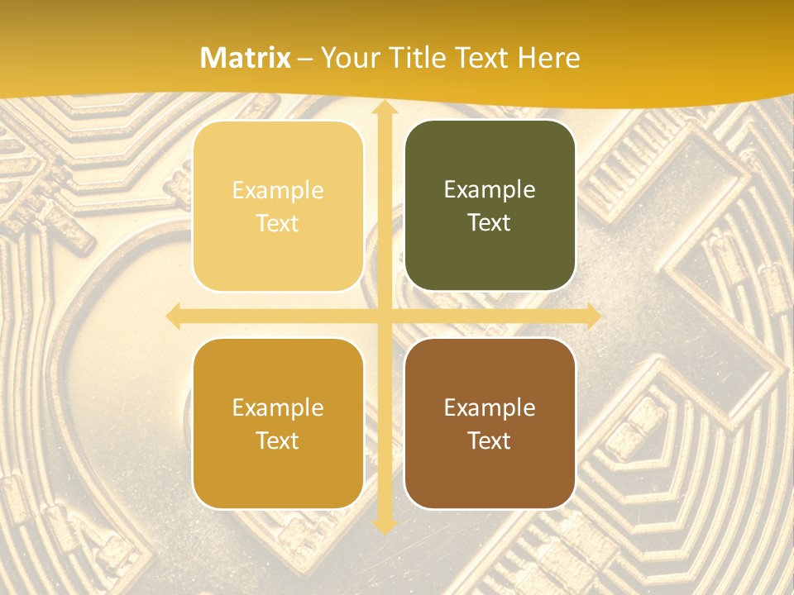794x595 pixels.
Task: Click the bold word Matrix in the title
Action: [x=246, y=58]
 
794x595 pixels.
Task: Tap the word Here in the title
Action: [x=548, y=58]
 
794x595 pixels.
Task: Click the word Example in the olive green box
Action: [x=490, y=190]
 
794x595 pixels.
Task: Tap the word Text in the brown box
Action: [x=490, y=440]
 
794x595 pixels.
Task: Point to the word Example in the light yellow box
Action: [x=278, y=191]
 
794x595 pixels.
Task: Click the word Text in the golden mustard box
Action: [x=278, y=440]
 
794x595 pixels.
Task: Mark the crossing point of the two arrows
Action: [x=384, y=317]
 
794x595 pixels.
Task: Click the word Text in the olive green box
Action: [x=490, y=223]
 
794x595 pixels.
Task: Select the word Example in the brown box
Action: [x=490, y=407]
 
